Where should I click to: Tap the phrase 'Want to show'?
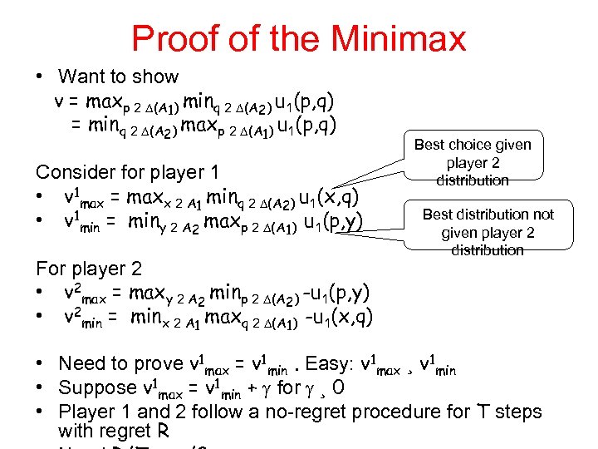[118, 76]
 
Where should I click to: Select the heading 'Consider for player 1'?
[126, 172]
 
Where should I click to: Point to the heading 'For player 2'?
[89, 269]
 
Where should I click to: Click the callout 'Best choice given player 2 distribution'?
[473, 162]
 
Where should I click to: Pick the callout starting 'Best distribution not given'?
[488, 232]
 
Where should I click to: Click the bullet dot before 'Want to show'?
[39, 77]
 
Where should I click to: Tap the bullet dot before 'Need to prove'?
[40, 364]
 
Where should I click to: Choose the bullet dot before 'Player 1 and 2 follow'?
[40, 412]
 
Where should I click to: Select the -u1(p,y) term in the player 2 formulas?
[337, 293]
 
